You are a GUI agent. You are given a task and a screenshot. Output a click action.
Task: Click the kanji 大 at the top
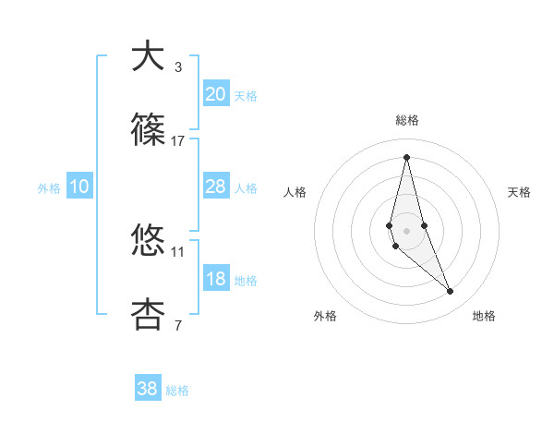pyautogui.click(x=149, y=56)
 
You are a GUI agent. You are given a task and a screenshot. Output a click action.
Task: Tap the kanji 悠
pyautogui.click(x=149, y=241)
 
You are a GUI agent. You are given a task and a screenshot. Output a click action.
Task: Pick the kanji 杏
pyautogui.click(x=149, y=315)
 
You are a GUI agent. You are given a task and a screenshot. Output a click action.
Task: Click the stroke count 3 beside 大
pyautogui.click(x=178, y=66)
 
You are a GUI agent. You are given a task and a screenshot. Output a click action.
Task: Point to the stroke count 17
pyautogui.click(x=178, y=140)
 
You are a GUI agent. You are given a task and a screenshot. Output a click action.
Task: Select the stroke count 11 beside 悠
pyautogui.click(x=178, y=251)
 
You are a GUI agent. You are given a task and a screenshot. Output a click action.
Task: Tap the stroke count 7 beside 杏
pyautogui.click(x=178, y=325)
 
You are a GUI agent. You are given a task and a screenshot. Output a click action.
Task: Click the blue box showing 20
pyautogui.click(x=215, y=94)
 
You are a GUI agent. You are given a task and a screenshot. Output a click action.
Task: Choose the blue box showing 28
pyautogui.click(x=215, y=187)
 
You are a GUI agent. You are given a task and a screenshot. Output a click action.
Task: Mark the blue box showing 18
pyautogui.click(x=215, y=279)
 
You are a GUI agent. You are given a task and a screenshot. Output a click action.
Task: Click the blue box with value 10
pyautogui.click(x=79, y=187)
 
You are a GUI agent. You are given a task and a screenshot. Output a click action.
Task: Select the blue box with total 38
pyautogui.click(x=148, y=389)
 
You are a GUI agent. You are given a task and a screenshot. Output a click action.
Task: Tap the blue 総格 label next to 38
pyautogui.click(x=177, y=391)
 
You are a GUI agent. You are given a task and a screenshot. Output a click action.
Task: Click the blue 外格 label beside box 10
pyautogui.click(x=49, y=188)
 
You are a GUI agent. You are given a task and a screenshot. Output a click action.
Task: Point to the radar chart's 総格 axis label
pyautogui.click(x=406, y=120)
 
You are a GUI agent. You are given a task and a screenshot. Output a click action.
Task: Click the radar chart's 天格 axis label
pyautogui.click(x=520, y=192)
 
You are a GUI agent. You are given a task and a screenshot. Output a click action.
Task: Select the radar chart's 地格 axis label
pyautogui.click(x=484, y=316)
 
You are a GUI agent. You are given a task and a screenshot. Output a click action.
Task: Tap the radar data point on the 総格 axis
pyautogui.click(x=406, y=157)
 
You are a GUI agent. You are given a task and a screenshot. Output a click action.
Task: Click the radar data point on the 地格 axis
pyautogui.click(x=451, y=292)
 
